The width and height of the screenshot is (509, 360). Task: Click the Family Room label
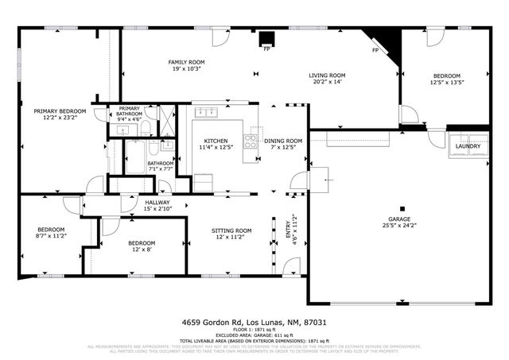point(186,65)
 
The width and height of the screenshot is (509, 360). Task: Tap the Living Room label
point(328,76)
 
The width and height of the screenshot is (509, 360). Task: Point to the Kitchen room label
point(216,143)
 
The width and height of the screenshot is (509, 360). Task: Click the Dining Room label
point(284,143)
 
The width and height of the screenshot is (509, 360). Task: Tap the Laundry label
point(466,146)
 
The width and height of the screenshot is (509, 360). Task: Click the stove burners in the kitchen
point(250,142)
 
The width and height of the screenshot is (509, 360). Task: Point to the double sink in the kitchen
point(208,112)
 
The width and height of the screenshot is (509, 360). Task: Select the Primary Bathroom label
point(130,112)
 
